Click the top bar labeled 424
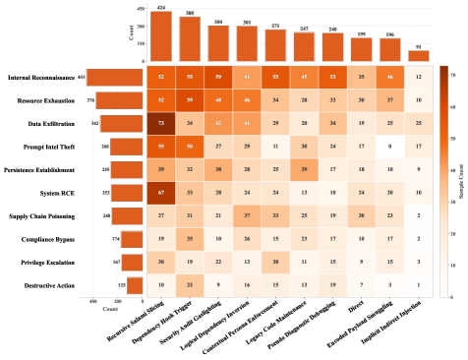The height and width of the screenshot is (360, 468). pos(161,36)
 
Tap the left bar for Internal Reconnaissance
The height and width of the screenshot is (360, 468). pos(115,77)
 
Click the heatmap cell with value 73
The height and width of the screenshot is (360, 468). pos(161,122)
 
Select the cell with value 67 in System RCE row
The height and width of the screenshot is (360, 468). pos(161,192)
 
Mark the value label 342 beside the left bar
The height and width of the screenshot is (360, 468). pos(94,123)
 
